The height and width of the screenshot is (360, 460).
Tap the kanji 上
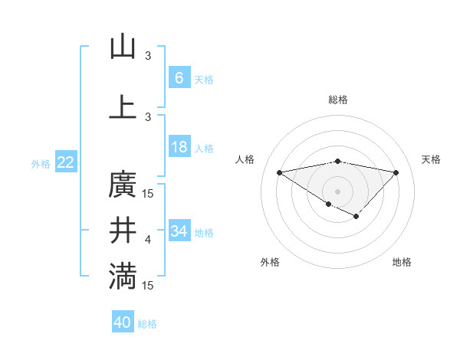pos(123,106)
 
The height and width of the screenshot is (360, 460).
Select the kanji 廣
pos(123,185)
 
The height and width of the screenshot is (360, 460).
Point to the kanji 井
pos(123,231)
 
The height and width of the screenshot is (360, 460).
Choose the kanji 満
pos(123,277)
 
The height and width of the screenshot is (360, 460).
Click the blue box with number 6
pos(179,77)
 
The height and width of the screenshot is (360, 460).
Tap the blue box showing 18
pos(179,147)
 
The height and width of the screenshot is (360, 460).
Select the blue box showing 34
pos(179,231)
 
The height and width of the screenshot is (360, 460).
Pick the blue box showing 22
pos(65,162)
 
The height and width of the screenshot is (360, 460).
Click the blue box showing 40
pos(123,322)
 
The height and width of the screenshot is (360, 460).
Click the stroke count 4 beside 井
pos(148,241)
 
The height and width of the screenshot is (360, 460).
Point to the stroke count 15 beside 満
pos(148,286)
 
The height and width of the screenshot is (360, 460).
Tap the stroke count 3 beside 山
pos(148,56)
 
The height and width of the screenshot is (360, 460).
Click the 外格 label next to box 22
pos(41,163)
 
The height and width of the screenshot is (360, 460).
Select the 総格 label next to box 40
pos(147,324)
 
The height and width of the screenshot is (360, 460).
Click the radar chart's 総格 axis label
pos(337,100)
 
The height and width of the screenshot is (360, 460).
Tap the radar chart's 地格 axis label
pos(402,262)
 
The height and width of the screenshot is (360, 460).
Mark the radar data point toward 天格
pos(396,172)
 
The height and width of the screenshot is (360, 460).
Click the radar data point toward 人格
pos(280,172)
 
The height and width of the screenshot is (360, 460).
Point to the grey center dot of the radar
pos(337,191)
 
